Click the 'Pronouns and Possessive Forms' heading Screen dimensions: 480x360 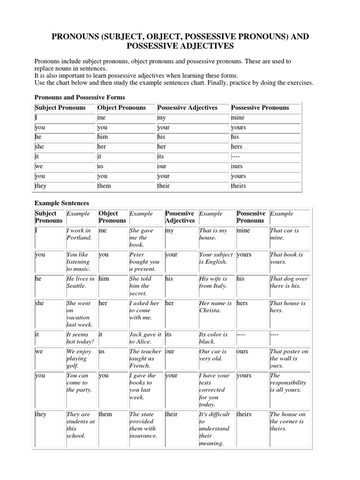coord(80,97)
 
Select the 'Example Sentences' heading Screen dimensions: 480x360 coord(62,203)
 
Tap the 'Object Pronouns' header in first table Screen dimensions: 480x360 coord(121,108)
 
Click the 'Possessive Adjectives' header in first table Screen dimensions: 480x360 coord(187,108)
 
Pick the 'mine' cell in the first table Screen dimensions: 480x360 coord(238,118)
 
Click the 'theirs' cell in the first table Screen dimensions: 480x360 coord(239,186)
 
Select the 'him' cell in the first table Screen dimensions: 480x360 coord(103,137)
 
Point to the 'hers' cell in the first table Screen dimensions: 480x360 coord(237,147)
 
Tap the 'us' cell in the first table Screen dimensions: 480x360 coord(100,166)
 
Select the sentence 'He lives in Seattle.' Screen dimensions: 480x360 coord(80,282)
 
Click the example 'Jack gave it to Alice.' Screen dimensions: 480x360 coord(145,338)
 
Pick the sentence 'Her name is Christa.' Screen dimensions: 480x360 coord(215,307)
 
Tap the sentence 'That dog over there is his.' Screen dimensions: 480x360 coord(289,282)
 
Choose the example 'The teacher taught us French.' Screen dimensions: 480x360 coord(145,358)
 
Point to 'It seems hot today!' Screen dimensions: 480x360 coord(80,338)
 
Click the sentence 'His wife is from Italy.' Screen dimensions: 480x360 coord(213,282)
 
